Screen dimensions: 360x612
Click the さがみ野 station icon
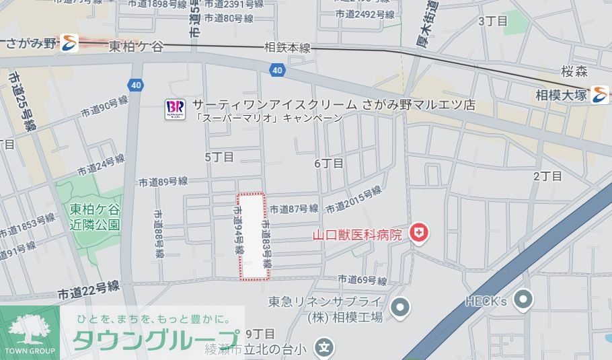69,44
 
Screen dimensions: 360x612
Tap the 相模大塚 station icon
599,95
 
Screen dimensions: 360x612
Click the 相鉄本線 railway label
287,48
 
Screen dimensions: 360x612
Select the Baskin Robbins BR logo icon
175,109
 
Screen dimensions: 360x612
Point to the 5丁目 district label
219,157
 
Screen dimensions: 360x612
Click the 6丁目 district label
329,164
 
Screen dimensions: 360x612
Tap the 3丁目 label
492,21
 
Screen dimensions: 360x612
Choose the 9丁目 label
260,334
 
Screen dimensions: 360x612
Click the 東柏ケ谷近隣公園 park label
95,217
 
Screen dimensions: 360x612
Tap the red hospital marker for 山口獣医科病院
420,234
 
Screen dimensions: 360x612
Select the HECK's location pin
523,300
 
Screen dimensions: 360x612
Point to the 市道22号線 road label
88,290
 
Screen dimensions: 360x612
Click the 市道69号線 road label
362,279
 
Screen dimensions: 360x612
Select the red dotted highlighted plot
254,236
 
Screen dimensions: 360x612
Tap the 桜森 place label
574,71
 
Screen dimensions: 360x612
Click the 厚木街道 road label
427,28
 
